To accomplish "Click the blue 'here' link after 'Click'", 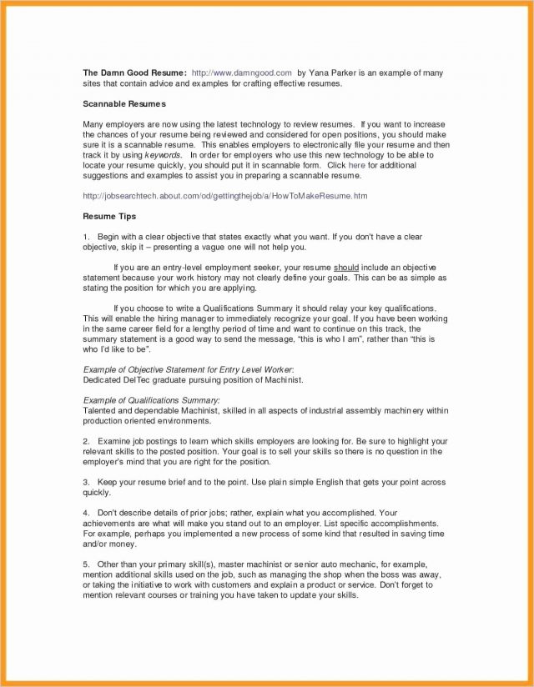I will pyautogui.click(x=356, y=166).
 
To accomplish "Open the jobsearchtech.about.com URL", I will pyautogui.click(x=224, y=196).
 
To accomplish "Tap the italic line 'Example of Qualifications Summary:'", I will pyautogui.click(x=152, y=400).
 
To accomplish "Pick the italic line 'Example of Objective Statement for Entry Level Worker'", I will pyautogui.click(x=188, y=369).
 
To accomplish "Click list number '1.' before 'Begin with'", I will pyautogui.click(x=87, y=237).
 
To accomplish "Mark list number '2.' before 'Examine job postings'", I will pyautogui.click(x=87, y=440).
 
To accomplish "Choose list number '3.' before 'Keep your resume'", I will pyautogui.click(x=87, y=482).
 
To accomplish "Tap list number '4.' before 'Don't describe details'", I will pyautogui.click(x=87, y=512).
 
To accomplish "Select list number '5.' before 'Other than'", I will pyautogui.click(x=87, y=564).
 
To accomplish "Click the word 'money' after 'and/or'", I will pyautogui.click(x=120, y=543).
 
